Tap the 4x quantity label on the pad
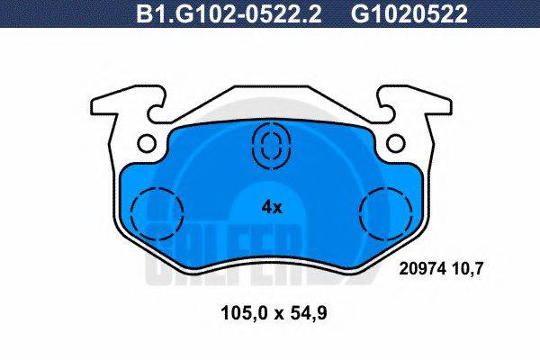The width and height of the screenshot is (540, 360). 272,207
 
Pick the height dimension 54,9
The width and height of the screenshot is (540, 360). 304,315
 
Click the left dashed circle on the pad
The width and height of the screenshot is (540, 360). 157,214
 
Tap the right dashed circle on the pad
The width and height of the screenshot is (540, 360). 384,214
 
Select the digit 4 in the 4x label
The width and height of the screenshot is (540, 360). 266,207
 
